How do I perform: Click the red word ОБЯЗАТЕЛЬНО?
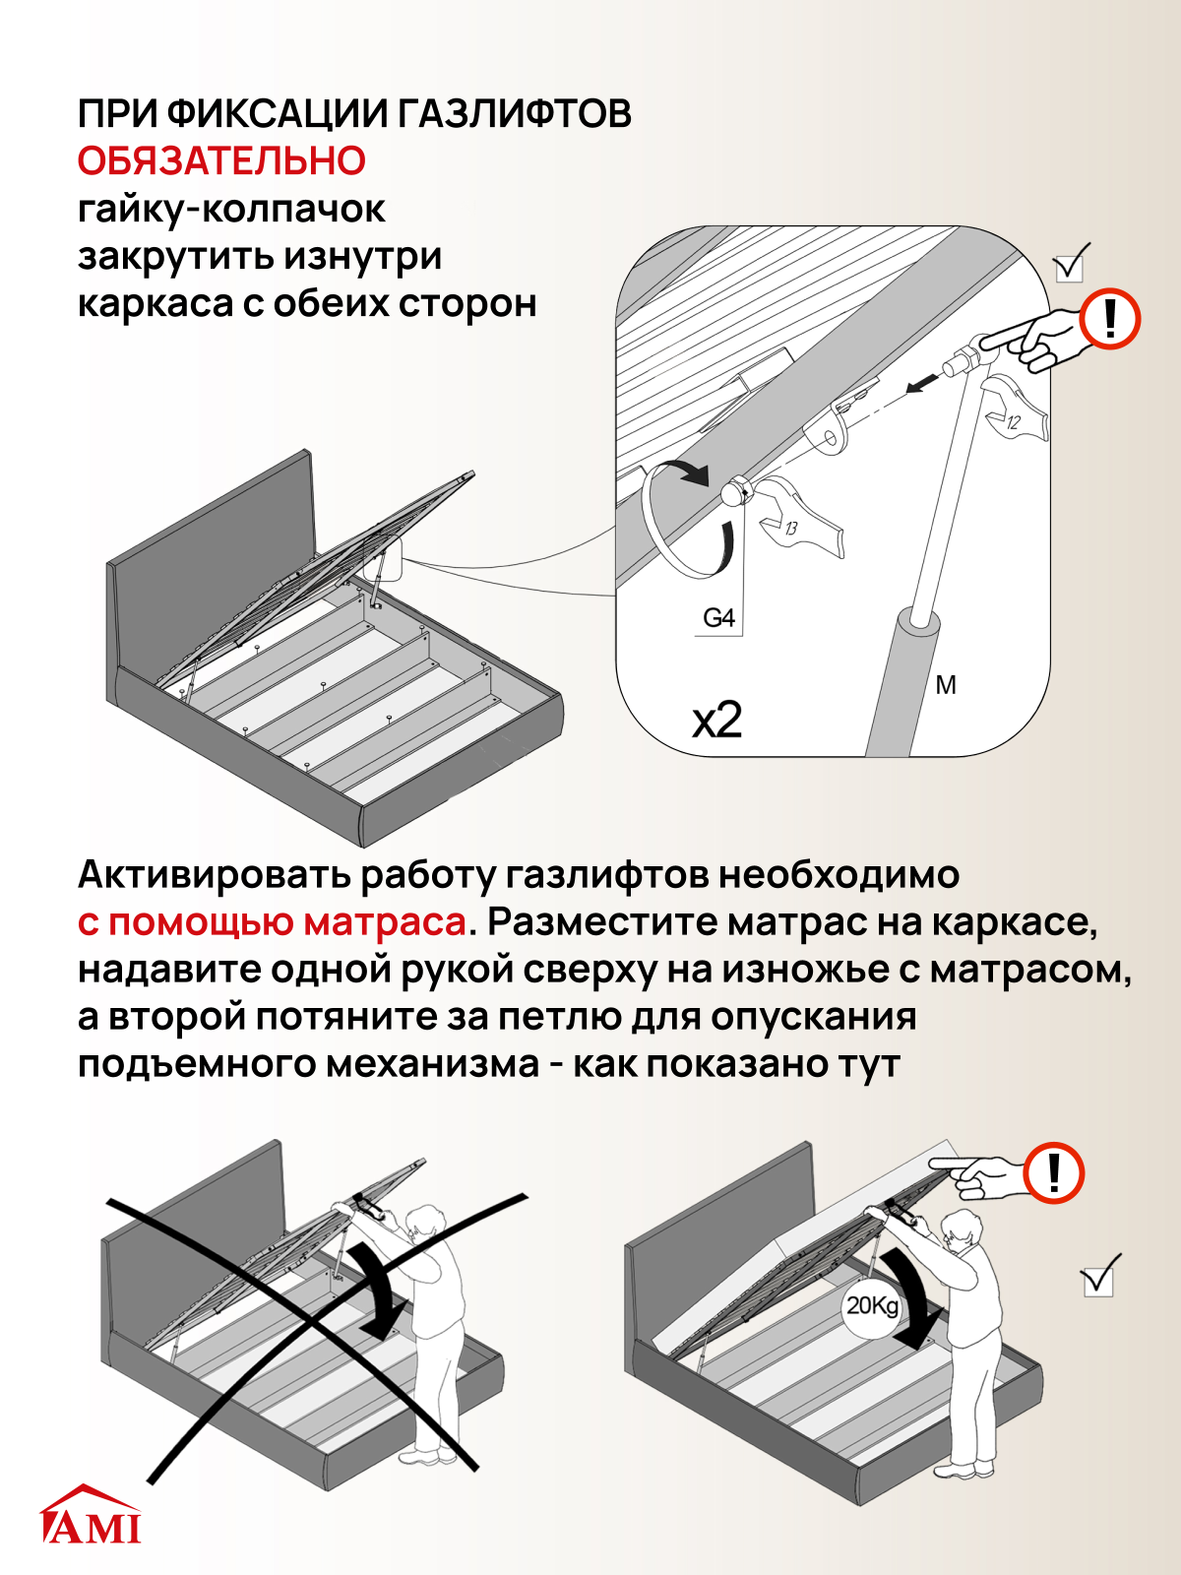point(221,161)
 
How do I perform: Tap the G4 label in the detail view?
point(718,618)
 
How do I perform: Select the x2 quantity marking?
point(716,722)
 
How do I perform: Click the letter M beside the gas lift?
point(946,686)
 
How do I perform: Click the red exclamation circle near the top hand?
point(1110,319)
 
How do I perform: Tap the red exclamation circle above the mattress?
point(1053,1172)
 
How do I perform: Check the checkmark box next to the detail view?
point(1070,266)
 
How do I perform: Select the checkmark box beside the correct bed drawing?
point(1098,1279)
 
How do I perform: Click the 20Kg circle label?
point(873,1306)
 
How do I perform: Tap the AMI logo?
point(91,1516)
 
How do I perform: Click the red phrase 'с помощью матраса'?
point(272,922)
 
